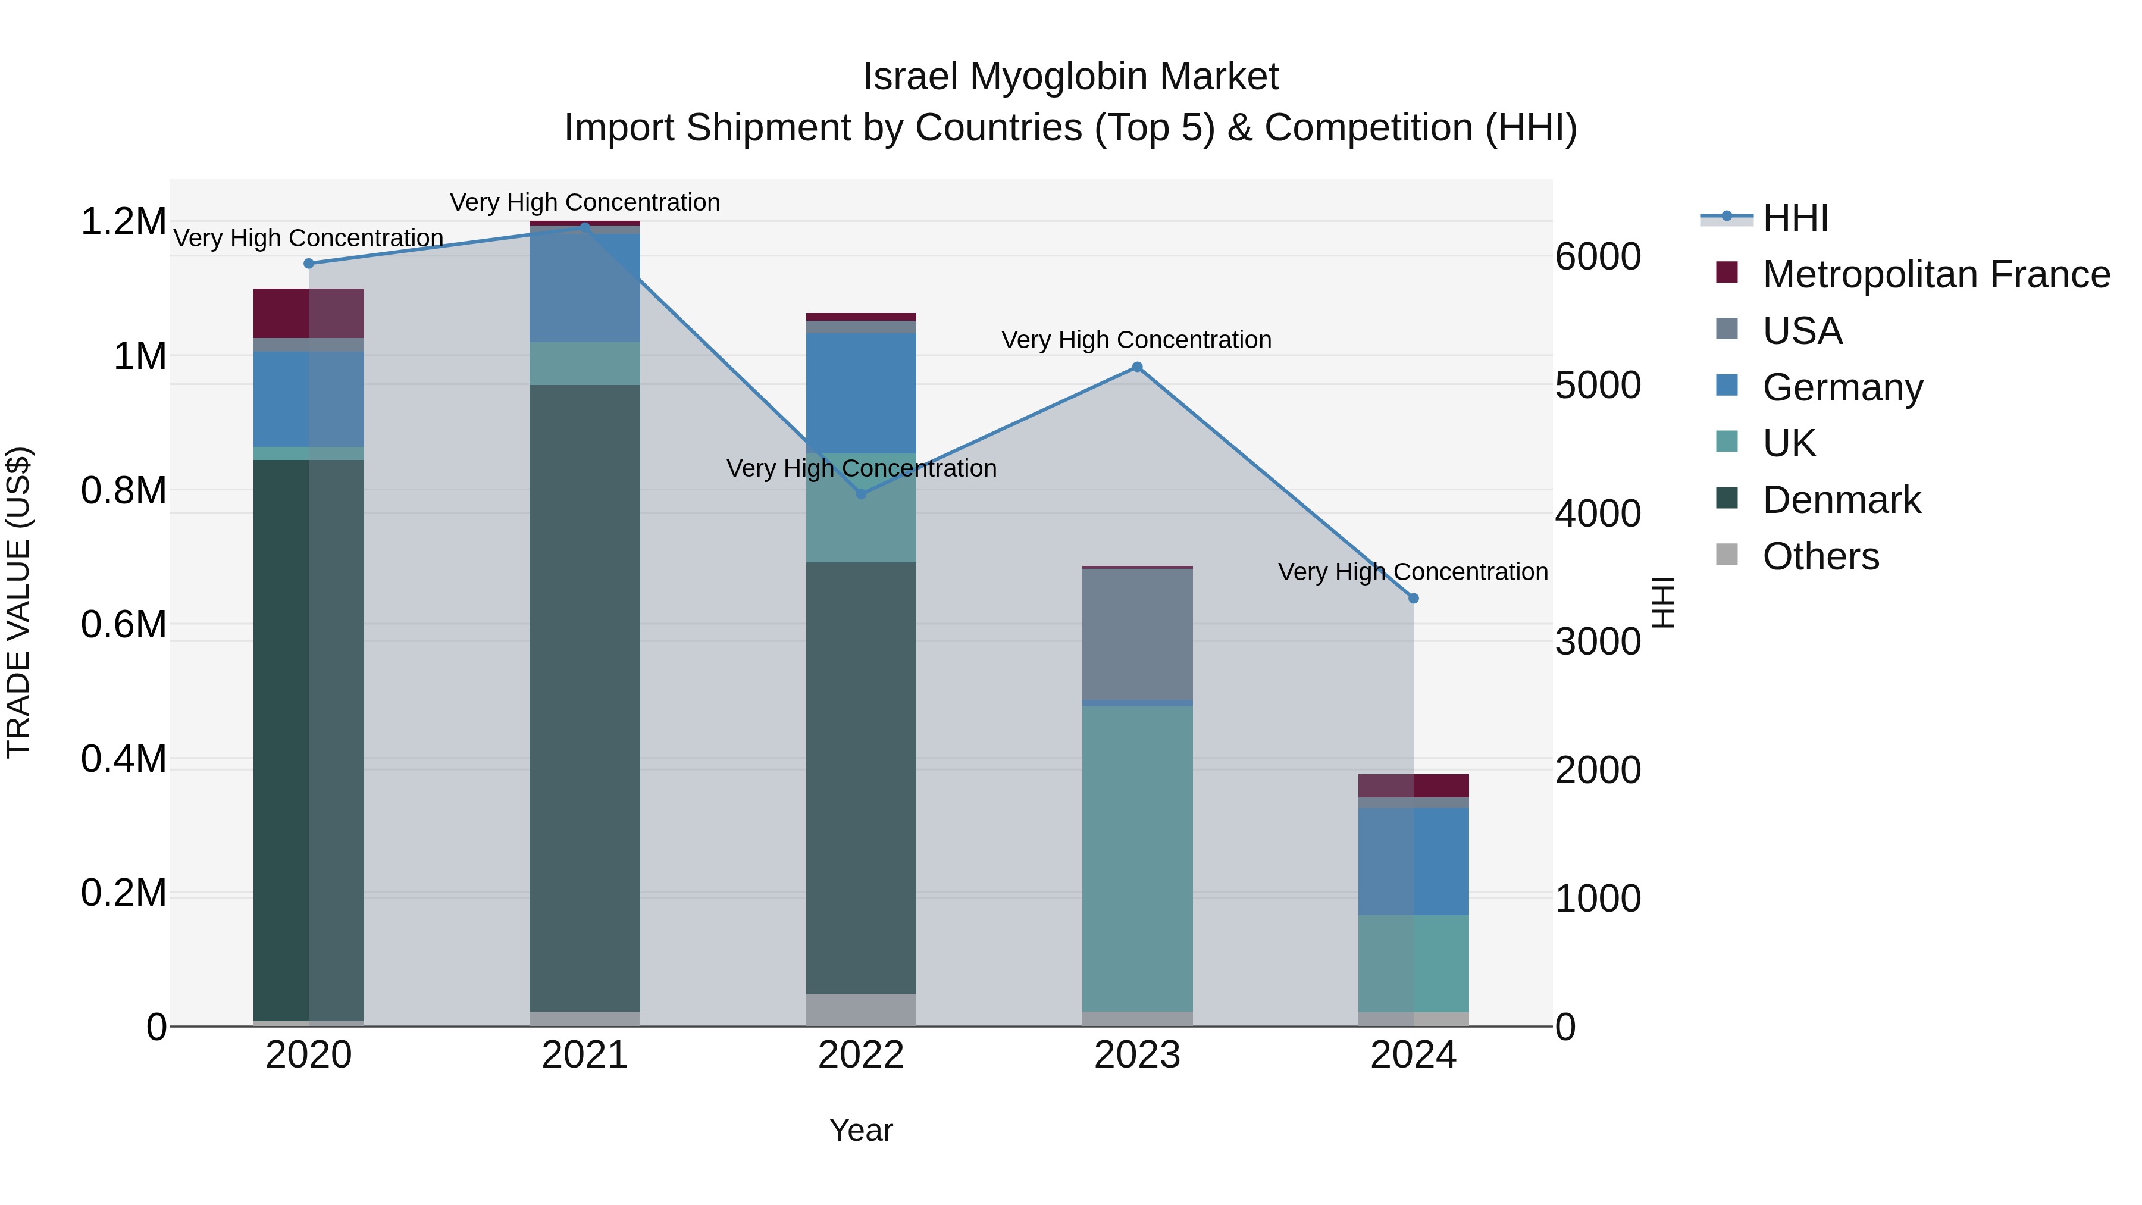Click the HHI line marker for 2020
point(308,264)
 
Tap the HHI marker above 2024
point(1413,598)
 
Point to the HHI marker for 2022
point(860,494)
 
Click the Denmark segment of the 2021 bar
point(584,699)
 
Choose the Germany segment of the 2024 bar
point(1413,860)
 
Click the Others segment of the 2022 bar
point(860,1010)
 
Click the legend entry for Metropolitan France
point(1935,274)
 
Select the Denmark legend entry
point(1841,500)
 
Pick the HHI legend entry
point(1795,218)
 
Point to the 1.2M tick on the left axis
point(123,222)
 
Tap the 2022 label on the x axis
point(860,1055)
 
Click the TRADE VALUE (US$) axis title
point(18,602)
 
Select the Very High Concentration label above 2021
point(584,202)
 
